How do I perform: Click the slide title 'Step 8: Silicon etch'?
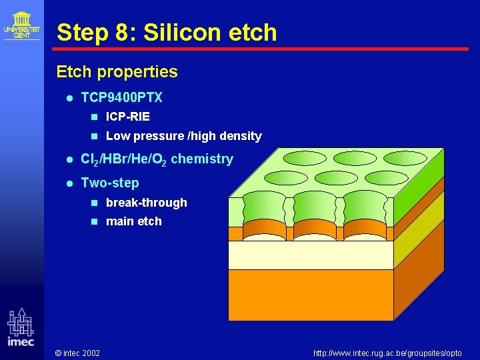[x=166, y=32]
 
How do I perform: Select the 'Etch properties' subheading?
[x=117, y=71]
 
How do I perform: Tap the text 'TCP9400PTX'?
[x=121, y=97]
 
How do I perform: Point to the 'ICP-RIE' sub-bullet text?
[x=127, y=117]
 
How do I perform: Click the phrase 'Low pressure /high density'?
[x=183, y=136]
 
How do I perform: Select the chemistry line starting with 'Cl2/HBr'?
[x=157, y=159]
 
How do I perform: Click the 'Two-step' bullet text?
[x=110, y=183]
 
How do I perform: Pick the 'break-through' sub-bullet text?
[x=146, y=203]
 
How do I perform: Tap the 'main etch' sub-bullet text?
[x=133, y=221]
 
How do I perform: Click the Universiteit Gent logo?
[x=21, y=25]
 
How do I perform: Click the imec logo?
[x=21, y=327]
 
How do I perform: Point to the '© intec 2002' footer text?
[x=77, y=352]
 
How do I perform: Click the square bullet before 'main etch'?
[x=94, y=221]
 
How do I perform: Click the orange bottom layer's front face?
[x=311, y=294]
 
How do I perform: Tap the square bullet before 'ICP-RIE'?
[x=94, y=117]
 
